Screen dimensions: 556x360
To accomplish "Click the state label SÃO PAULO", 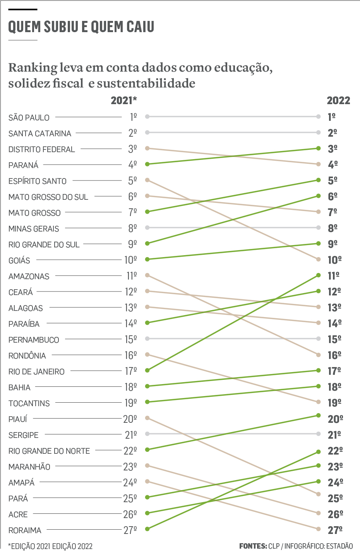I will coord(29,117).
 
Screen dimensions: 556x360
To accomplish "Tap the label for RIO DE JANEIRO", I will coord(36,372).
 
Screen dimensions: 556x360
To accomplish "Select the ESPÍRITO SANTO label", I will coord(38,181).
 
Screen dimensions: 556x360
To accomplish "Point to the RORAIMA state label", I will coord(25,530).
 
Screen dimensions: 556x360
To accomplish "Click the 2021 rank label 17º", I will coord(131,371).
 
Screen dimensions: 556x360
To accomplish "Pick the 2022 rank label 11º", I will coord(333,276).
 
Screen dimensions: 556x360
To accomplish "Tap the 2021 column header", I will coord(123,101).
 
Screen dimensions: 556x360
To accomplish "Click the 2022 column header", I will coord(338,101).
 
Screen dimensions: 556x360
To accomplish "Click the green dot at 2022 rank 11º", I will coord(318,275).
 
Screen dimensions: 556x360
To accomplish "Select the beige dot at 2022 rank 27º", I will coord(318,529).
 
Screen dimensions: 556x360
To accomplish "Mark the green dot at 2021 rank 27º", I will coord(147,529).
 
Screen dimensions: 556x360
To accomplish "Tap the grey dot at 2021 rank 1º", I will coord(147,117).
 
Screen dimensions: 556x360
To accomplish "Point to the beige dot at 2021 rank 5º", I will coord(147,180).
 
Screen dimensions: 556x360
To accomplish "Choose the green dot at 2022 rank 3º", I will coord(318,148).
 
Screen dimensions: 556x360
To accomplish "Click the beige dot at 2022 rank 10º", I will coord(318,259).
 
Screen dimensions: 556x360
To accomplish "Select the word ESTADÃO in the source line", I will coord(339,546).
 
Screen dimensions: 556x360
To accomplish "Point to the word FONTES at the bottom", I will coord(253,546).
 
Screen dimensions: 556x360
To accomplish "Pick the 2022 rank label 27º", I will coord(335,530).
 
